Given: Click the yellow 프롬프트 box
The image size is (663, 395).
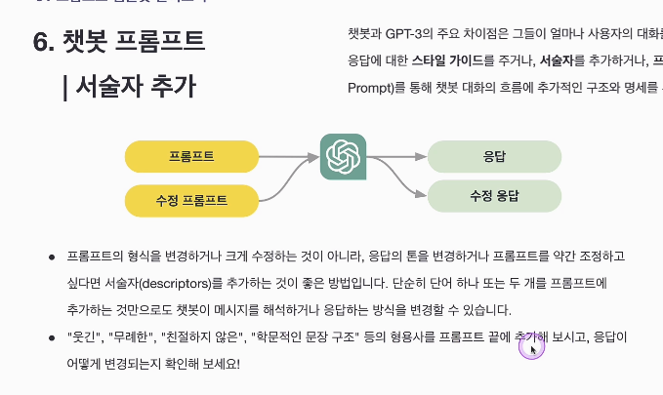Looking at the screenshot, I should [191, 155].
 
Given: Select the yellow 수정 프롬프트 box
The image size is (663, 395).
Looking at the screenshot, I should [191, 200].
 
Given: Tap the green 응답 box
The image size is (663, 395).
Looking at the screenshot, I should [494, 155].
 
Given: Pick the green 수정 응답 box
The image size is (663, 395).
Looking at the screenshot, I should [494, 196].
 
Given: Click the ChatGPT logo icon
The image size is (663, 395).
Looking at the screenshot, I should [344, 156].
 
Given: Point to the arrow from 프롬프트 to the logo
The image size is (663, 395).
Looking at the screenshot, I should [290, 155].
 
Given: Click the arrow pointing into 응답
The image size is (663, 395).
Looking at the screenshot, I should [398, 155].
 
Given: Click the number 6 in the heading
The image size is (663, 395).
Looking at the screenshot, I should [41, 43].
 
